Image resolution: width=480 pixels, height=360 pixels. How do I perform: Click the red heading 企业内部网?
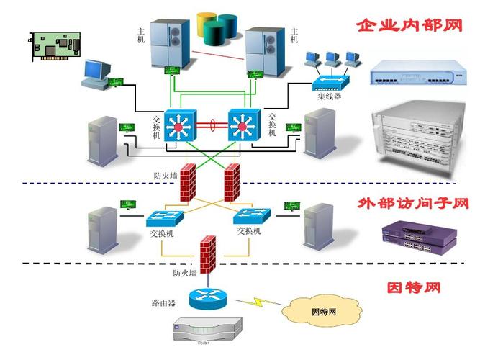coord(408,26)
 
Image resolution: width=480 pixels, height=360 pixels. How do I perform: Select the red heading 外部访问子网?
coord(413,204)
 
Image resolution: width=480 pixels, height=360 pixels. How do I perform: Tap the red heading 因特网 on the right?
coord(413,288)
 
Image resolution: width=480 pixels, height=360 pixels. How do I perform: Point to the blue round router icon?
coord(209,297)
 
